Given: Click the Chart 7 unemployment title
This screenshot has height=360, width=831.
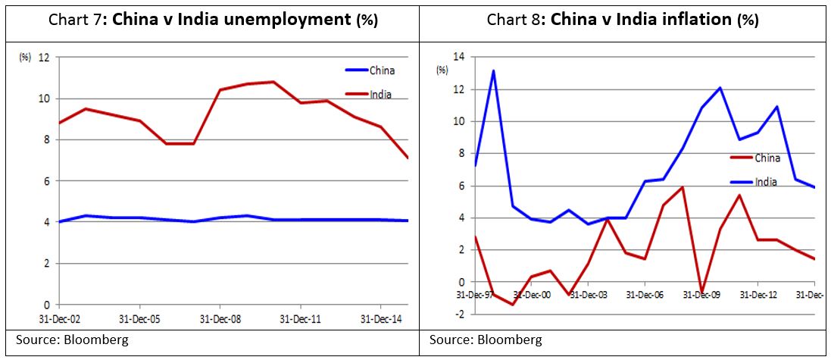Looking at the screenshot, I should coord(212,20).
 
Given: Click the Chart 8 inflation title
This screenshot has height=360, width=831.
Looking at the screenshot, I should coord(623,20).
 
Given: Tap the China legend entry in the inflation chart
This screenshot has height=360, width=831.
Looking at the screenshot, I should coord(767,158).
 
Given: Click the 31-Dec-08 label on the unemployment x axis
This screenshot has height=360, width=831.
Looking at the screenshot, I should coord(218,318).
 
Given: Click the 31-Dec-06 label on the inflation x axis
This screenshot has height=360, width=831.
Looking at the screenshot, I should coord(644,294).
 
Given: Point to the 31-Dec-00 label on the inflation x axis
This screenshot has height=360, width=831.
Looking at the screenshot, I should coord(532,294).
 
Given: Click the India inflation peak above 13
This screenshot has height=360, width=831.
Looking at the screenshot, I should coord(494,70).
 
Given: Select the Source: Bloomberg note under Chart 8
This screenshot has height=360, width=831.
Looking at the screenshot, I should coord(486,340).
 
